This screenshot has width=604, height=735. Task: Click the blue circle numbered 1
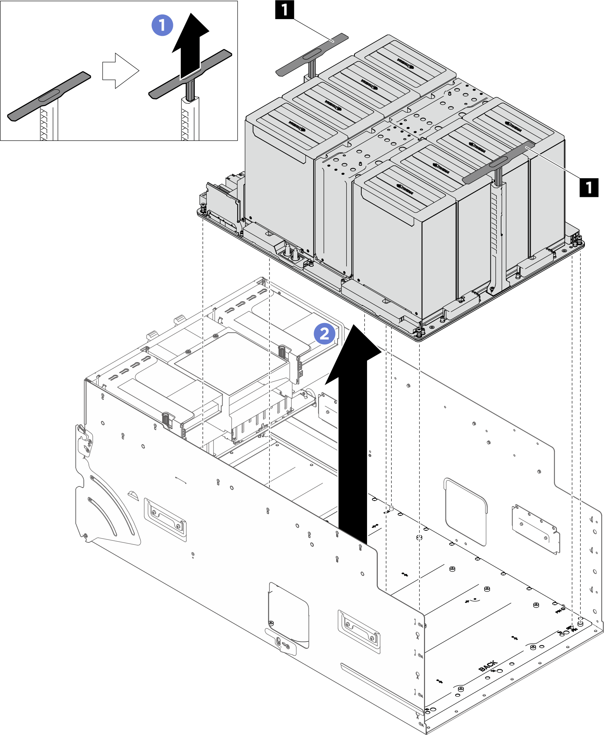pyautogui.click(x=162, y=25)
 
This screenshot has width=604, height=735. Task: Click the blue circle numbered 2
pyautogui.click(x=324, y=333)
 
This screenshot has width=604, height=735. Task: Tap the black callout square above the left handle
pyautogui.click(x=284, y=9)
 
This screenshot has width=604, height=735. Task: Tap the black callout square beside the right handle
pyautogui.click(x=589, y=187)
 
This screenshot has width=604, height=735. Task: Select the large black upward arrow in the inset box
pyautogui.click(x=190, y=45)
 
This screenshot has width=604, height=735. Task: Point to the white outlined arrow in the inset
pyautogui.click(x=120, y=71)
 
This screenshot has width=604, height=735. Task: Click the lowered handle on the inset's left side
pyautogui.click(x=49, y=96)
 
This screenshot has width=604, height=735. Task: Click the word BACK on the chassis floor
pyautogui.click(x=488, y=665)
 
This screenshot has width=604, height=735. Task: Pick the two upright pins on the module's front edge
pyautogui.click(x=291, y=252)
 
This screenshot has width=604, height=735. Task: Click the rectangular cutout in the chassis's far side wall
pyautogui.click(x=466, y=512)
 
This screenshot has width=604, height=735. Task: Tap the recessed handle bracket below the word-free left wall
pyautogui.click(x=165, y=519)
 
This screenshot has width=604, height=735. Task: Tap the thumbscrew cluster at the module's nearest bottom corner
pyautogui.click(x=420, y=332)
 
